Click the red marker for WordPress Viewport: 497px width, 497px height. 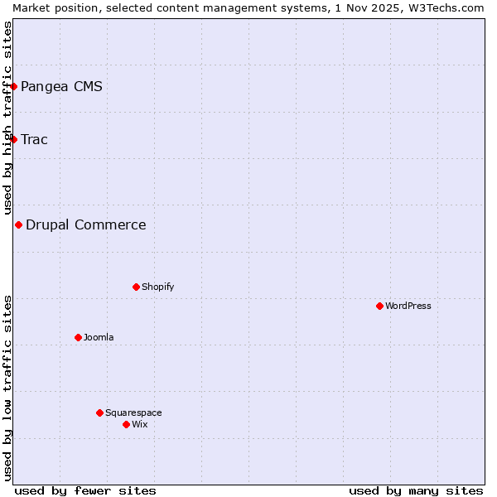click(379, 306)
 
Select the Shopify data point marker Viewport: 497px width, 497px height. click(136, 287)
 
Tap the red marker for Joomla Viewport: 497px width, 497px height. click(78, 337)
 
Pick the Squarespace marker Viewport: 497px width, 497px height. click(99, 413)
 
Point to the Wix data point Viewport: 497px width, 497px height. click(126, 424)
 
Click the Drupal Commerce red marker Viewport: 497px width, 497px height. click(18, 224)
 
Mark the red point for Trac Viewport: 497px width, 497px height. click(13, 139)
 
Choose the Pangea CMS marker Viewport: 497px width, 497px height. click(13, 86)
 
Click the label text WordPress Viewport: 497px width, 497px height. click(408, 306)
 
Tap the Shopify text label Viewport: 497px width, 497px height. click(157, 287)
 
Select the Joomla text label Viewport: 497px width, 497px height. click(99, 337)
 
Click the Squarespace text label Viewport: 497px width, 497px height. click(133, 413)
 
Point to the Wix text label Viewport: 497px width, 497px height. click(140, 424)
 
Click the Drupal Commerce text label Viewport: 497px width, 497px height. click(86, 224)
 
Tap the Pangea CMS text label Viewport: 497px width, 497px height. click(61, 86)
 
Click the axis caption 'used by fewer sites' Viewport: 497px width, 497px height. click(85, 490)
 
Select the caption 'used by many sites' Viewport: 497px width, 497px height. click(416, 490)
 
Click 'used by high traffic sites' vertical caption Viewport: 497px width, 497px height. click(7, 118)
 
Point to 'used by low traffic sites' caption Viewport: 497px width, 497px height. click(7, 388)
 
